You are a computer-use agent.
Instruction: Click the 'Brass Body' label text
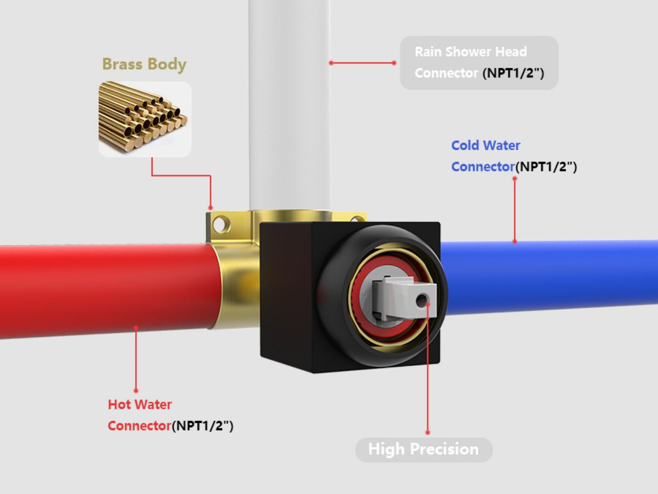(x=144, y=64)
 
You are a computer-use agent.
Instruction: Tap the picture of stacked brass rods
(x=145, y=119)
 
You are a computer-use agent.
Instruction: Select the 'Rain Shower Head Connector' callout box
(x=478, y=63)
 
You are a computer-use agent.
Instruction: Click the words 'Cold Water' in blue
(x=485, y=145)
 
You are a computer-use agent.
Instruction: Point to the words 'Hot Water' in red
(x=140, y=405)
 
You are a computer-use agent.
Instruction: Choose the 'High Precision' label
(x=424, y=450)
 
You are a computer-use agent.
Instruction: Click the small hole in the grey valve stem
(x=422, y=300)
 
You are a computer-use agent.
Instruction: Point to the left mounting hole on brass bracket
(x=220, y=225)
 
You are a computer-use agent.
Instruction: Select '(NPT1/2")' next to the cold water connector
(x=546, y=167)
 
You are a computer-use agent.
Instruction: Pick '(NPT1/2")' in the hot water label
(x=202, y=426)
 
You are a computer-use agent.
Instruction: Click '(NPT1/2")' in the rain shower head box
(x=513, y=74)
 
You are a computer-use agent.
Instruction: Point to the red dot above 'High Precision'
(x=427, y=432)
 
